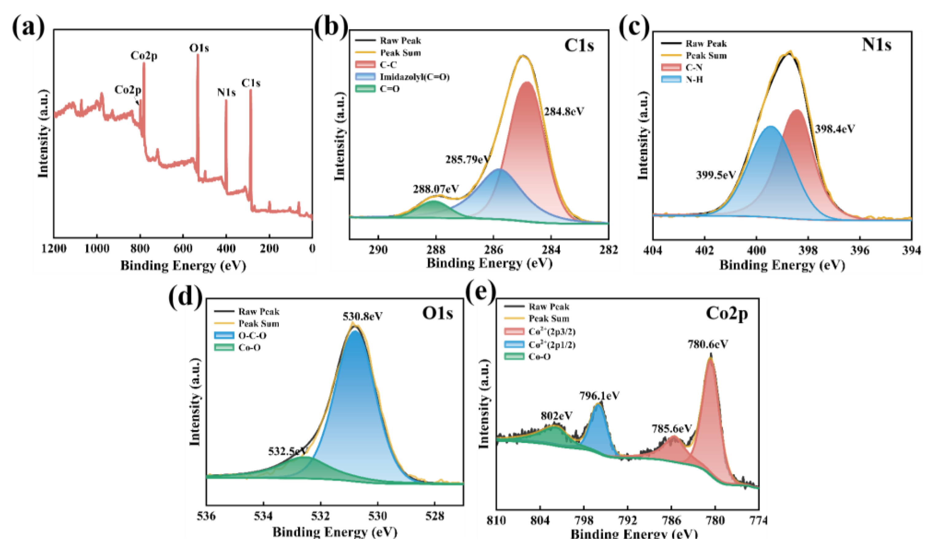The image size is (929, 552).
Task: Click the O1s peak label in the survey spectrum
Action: point(199,48)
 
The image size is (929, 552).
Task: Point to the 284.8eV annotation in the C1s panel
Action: point(564,112)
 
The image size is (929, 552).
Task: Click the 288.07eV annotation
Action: point(435,189)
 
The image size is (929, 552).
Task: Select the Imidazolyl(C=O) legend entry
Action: point(414,77)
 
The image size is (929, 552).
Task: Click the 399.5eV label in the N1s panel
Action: point(716,175)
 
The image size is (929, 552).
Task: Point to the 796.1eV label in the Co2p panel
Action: point(599,396)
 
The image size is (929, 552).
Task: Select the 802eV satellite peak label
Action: point(556,416)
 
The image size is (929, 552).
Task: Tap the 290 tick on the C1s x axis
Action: point(378,250)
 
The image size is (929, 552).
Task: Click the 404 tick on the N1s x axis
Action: point(653,251)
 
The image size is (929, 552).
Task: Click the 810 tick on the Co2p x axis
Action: point(496,521)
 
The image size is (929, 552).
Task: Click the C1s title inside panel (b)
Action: point(579,45)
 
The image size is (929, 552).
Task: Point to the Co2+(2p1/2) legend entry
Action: point(552,345)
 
